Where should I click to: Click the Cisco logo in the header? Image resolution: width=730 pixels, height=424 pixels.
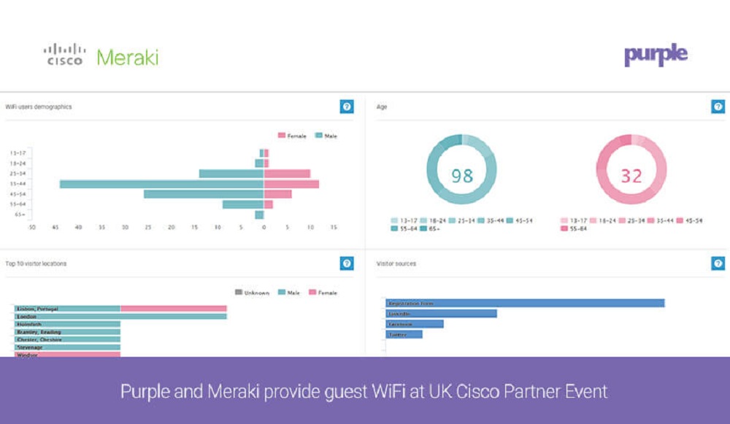(x=65, y=55)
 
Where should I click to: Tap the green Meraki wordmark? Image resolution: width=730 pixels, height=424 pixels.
(x=127, y=57)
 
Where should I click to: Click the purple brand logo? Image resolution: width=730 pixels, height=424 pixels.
(x=656, y=55)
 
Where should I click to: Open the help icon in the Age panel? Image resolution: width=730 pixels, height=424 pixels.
(x=718, y=107)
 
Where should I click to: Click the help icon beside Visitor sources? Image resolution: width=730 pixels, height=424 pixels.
(x=718, y=263)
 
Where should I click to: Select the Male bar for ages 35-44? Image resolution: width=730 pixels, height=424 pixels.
(x=161, y=184)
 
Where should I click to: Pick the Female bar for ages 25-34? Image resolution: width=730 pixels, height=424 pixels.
(x=287, y=174)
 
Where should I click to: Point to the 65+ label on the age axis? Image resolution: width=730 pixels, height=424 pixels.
(x=18, y=215)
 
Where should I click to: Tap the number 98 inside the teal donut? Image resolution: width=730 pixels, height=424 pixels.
(x=461, y=176)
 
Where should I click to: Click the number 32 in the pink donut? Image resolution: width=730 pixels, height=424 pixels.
(x=631, y=176)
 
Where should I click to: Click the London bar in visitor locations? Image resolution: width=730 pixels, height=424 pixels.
(x=121, y=317)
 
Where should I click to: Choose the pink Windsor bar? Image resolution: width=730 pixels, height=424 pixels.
(x=67, y=355)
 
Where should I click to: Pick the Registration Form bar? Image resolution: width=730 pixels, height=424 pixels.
(x=525, y=303)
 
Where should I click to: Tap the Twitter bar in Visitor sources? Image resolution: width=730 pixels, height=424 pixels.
(x=404, y=334)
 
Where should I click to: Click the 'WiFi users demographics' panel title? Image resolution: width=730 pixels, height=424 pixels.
(x=39, y=107)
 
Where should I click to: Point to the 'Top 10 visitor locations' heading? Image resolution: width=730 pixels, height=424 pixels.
(x=37, y=263)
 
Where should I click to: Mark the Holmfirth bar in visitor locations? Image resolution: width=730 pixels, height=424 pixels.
(x=67, y=324)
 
